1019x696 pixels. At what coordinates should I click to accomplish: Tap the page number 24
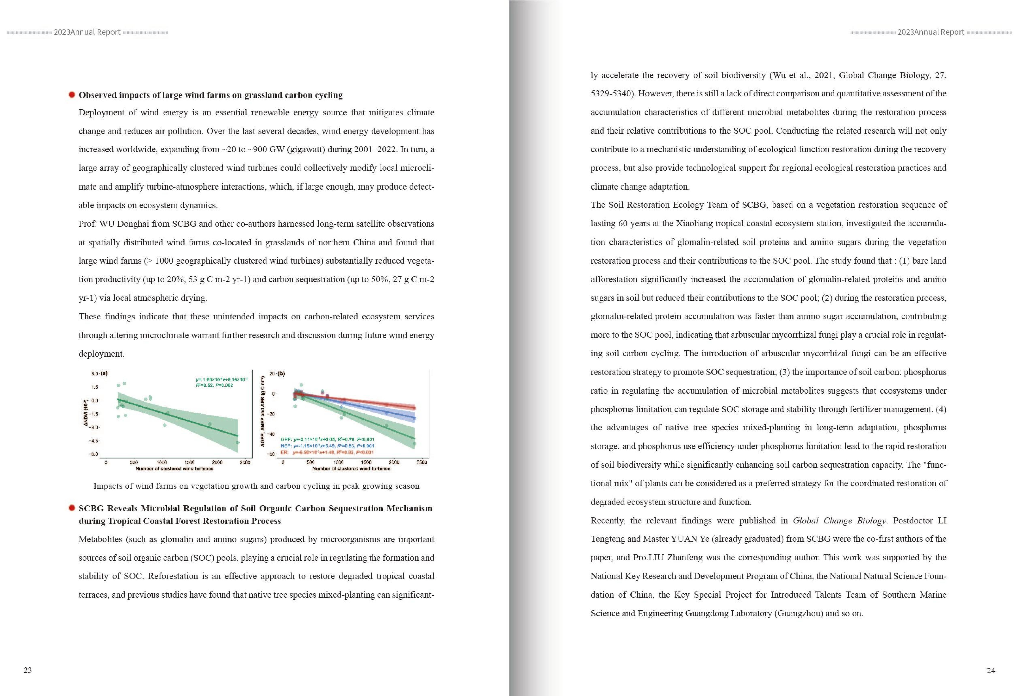(990, 670)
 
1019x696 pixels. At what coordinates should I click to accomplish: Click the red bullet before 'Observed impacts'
(72, 95)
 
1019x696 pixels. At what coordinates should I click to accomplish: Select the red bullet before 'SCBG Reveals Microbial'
(72, 508)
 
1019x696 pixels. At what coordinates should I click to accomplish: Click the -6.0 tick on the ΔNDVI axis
(94, 454)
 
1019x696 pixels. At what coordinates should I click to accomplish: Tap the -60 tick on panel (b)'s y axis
(271, 454)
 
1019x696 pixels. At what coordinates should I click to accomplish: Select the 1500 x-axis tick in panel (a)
(189, 462)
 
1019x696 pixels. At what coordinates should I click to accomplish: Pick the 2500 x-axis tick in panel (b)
(421, 462)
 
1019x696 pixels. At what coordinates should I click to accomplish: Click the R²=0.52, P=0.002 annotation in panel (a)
(214, 385)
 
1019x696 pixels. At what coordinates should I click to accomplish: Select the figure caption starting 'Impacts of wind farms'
(256, 486)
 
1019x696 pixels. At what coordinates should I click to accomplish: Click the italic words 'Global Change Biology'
(839, 521)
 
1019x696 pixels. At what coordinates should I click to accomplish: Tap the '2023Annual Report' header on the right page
(930, 32)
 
